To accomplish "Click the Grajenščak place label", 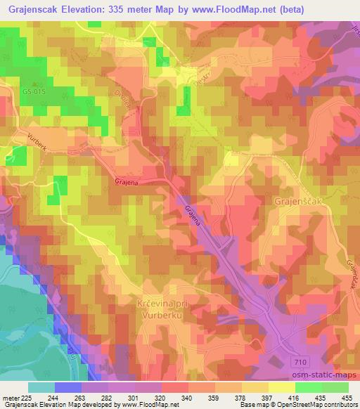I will [297, 201].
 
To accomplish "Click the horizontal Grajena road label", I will [124, 181].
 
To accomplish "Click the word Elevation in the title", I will [86, 11].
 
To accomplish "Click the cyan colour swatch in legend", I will [40, 387].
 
